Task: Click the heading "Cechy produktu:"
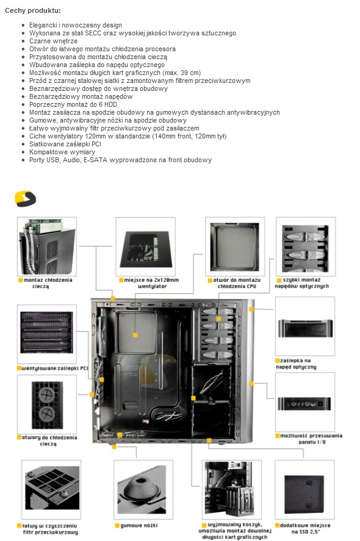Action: tap(32, 10)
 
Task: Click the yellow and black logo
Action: tap(25, 199)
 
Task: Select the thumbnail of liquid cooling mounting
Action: tap(47, 246)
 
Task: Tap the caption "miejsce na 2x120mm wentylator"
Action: tap(151, 283)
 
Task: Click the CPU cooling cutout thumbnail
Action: tap(235, 246)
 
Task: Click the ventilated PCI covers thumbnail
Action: tap(47, 334)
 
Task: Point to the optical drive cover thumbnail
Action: tap(305, 326)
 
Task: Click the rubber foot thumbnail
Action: tap(143, 489)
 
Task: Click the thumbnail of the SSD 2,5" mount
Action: tap(304, 489)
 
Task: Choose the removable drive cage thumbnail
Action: tap(232, 489)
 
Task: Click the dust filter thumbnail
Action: tap(51, 489)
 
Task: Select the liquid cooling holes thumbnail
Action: tap(47, 404)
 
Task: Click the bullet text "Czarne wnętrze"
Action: tap(53, 41)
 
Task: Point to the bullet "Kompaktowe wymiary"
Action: tap(62, 152)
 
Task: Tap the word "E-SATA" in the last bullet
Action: tap(95, 160)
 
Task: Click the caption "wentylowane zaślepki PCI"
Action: tap(53, 368)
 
